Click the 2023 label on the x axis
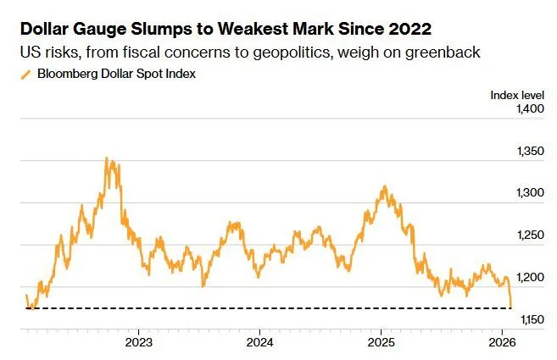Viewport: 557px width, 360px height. [138, 342]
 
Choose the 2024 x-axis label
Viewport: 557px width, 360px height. [259, 342]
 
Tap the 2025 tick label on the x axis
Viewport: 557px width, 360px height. [381, 342]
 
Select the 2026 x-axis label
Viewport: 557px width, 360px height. [501, 342]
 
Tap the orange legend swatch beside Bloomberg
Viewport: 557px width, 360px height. [24, 75]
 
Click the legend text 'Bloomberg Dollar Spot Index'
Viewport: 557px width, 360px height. [109, 75]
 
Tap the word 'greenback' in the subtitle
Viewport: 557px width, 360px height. [448, 53]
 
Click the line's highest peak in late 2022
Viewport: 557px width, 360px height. [106, 158]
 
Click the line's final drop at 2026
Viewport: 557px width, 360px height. [510, 303]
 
